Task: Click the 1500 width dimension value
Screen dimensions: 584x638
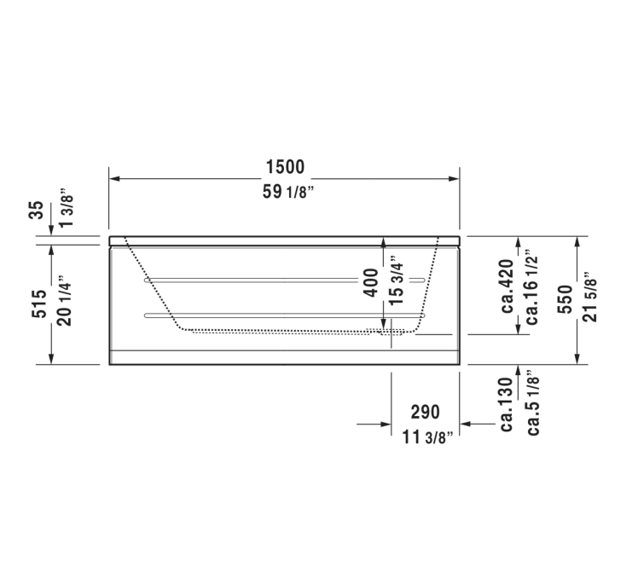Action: click(x=284, y=166)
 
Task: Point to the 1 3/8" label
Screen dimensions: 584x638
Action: click(x=67, y=209)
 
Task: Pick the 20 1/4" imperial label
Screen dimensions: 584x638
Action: click(x=67, y=304)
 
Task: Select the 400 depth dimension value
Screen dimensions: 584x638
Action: click(x=370, y=282)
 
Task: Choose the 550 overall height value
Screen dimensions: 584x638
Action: click(x=565, y=299)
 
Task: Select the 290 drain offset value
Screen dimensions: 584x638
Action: click(x=424, y=412)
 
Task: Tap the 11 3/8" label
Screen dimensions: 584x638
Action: click(x=426, y=438)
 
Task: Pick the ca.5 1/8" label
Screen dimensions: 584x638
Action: click(x=532, y=402)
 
